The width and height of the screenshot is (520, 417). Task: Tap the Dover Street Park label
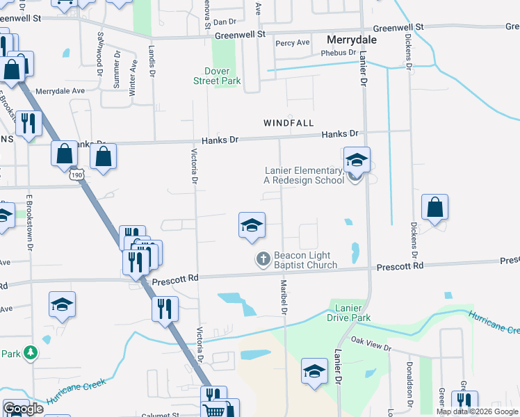[x=222, y=76]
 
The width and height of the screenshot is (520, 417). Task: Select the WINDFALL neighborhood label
[x=289, y=122]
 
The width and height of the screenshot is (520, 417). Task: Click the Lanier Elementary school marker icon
[x=357, y=162]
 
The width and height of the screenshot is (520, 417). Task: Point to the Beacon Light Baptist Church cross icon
[x=263, y=259]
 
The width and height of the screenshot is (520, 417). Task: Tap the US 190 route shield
[x=74, y=177]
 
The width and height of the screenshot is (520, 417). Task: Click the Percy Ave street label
[x=293, y=42]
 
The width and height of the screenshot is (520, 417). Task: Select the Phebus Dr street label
[x=339, y=53]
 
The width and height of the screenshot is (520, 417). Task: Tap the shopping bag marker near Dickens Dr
[x=434, y=208]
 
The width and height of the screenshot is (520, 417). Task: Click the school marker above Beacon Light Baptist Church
[x=252, y=226]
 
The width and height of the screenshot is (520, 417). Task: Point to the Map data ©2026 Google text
[x=477, y=411]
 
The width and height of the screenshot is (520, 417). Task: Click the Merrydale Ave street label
[x=59, y=90]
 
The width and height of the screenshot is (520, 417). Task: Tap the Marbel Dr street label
[x=284, y=296]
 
